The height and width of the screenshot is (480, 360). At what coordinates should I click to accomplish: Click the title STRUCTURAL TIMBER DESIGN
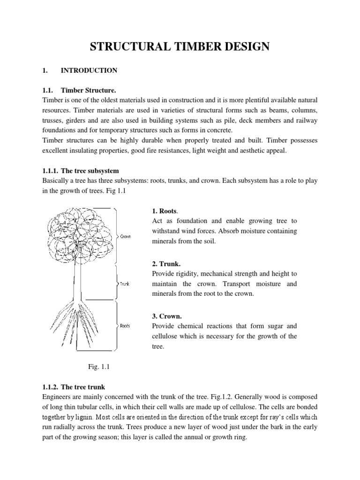pyautogui.click(x=180, y=46)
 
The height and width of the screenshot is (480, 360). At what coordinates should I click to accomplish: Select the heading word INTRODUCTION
pyautogui.click(x=89, y=70)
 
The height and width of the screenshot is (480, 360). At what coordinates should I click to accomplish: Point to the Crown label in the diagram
pyautogui.click(x=125, y=237)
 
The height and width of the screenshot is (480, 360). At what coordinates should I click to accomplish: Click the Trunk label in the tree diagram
pyautogui.click(x=124, y=284)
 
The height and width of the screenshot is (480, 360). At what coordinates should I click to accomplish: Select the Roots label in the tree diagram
pyautogui.click(x=125, y=326)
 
